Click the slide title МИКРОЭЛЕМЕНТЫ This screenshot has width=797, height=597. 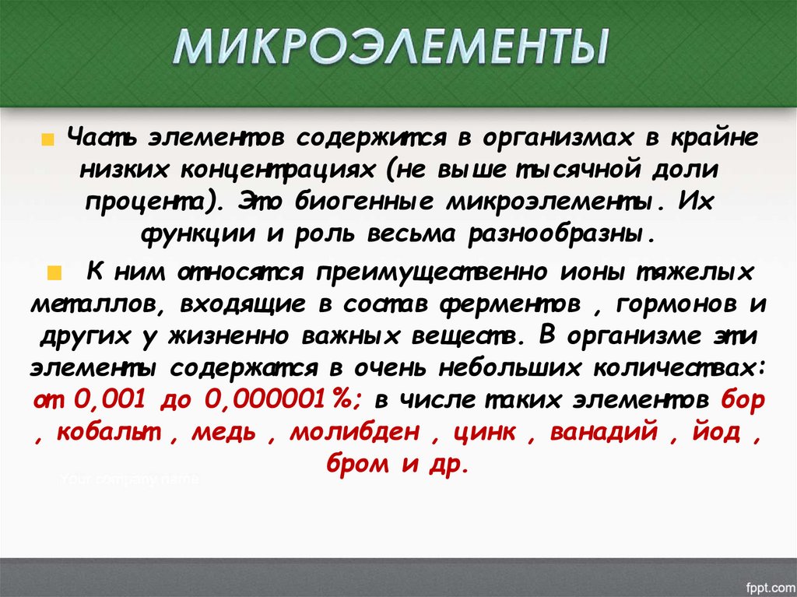[390, 48]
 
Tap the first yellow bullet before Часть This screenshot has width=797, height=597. [47, 141]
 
